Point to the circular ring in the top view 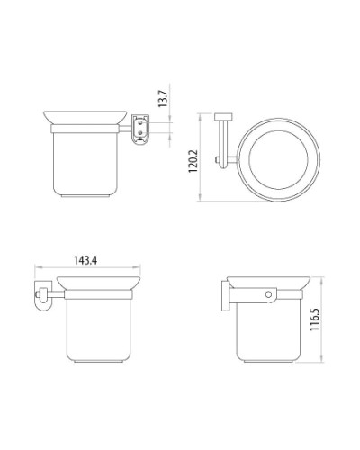pyautogui.click(x=275, y=163)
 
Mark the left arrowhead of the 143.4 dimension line pyautogui.click(x=36, y=268)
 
